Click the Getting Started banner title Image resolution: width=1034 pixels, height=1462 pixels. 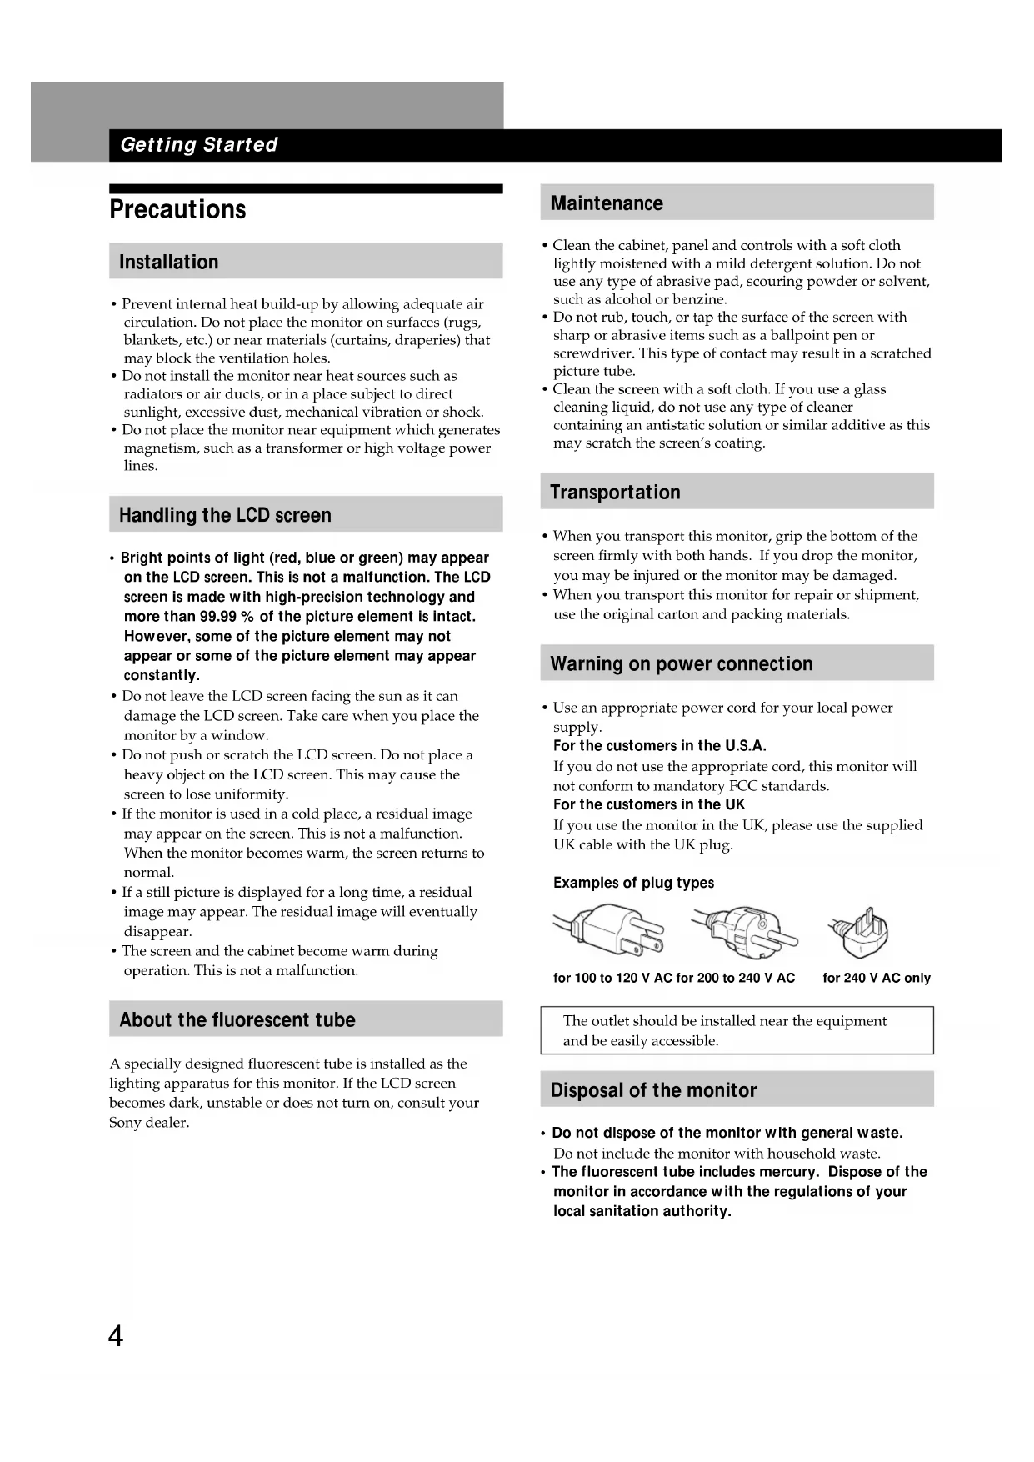pyautogui.click(x=198, y=145)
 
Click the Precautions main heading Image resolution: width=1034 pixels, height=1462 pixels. pyautogui.click(x=177, y=209)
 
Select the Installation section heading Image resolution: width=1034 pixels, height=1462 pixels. pyautogui.click(x=168, y=263)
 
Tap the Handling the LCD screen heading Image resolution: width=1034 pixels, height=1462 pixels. pyautogui.click(x=225, y=515)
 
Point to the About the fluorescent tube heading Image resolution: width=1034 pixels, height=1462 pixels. pyautogui.click(x=237, y=1019)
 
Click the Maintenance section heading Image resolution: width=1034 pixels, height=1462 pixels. pyautogui.click(x=607, y=203)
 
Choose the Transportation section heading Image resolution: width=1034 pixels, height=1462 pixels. pyautogui.click(x=615, y=493)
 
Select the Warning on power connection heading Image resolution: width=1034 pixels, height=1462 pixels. pyautogui.click(x=682, y=664)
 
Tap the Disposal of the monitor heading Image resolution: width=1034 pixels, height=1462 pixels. pyautogui.click(x=653, y=1090)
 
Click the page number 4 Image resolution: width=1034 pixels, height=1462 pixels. pyautogui.click(x=116, y=1336)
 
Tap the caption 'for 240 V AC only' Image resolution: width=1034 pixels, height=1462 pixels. pyautogui.click(x=876, y=979)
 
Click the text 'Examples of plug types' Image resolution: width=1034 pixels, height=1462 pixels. pyautogui.click(x=633, y=883)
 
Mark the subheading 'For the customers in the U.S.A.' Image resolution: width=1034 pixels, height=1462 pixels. pyautogui.click(x=659, y=746)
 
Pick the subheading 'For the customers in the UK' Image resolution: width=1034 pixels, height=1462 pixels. pyautogui.click(x=649, y=804)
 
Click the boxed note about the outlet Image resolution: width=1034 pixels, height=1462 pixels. pyautogui.click(x=737, y=1030)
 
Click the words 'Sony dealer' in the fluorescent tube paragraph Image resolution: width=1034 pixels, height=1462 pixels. pyautogui.click(x=149, y=1123)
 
